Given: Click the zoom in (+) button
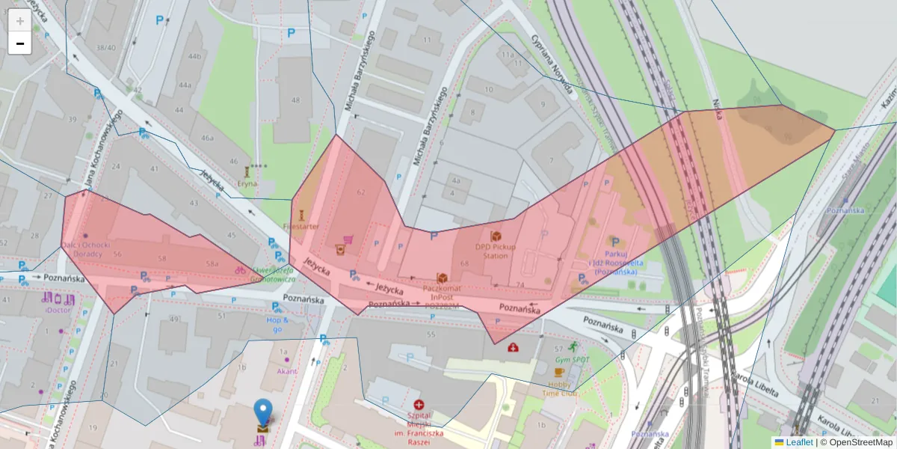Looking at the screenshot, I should click(x=19, y=21).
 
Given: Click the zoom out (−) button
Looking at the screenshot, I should click(x=19, y=43).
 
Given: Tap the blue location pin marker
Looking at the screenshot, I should click(x=262, y=414).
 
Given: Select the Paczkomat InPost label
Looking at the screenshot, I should click(x=443, y=293).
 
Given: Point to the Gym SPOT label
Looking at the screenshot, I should click(x=572, y=360).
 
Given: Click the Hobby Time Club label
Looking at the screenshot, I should click(x=559, y=388).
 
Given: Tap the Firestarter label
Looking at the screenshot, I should click(x=301, y=225).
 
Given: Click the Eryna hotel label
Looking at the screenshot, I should click(x=247, y=183).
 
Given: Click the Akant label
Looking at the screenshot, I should click(x=286, y=370).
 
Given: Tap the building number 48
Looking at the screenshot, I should click(x=296, y=100).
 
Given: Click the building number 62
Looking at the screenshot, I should click(x=362, y=192).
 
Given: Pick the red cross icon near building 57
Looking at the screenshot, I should click(x=514, y=347).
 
